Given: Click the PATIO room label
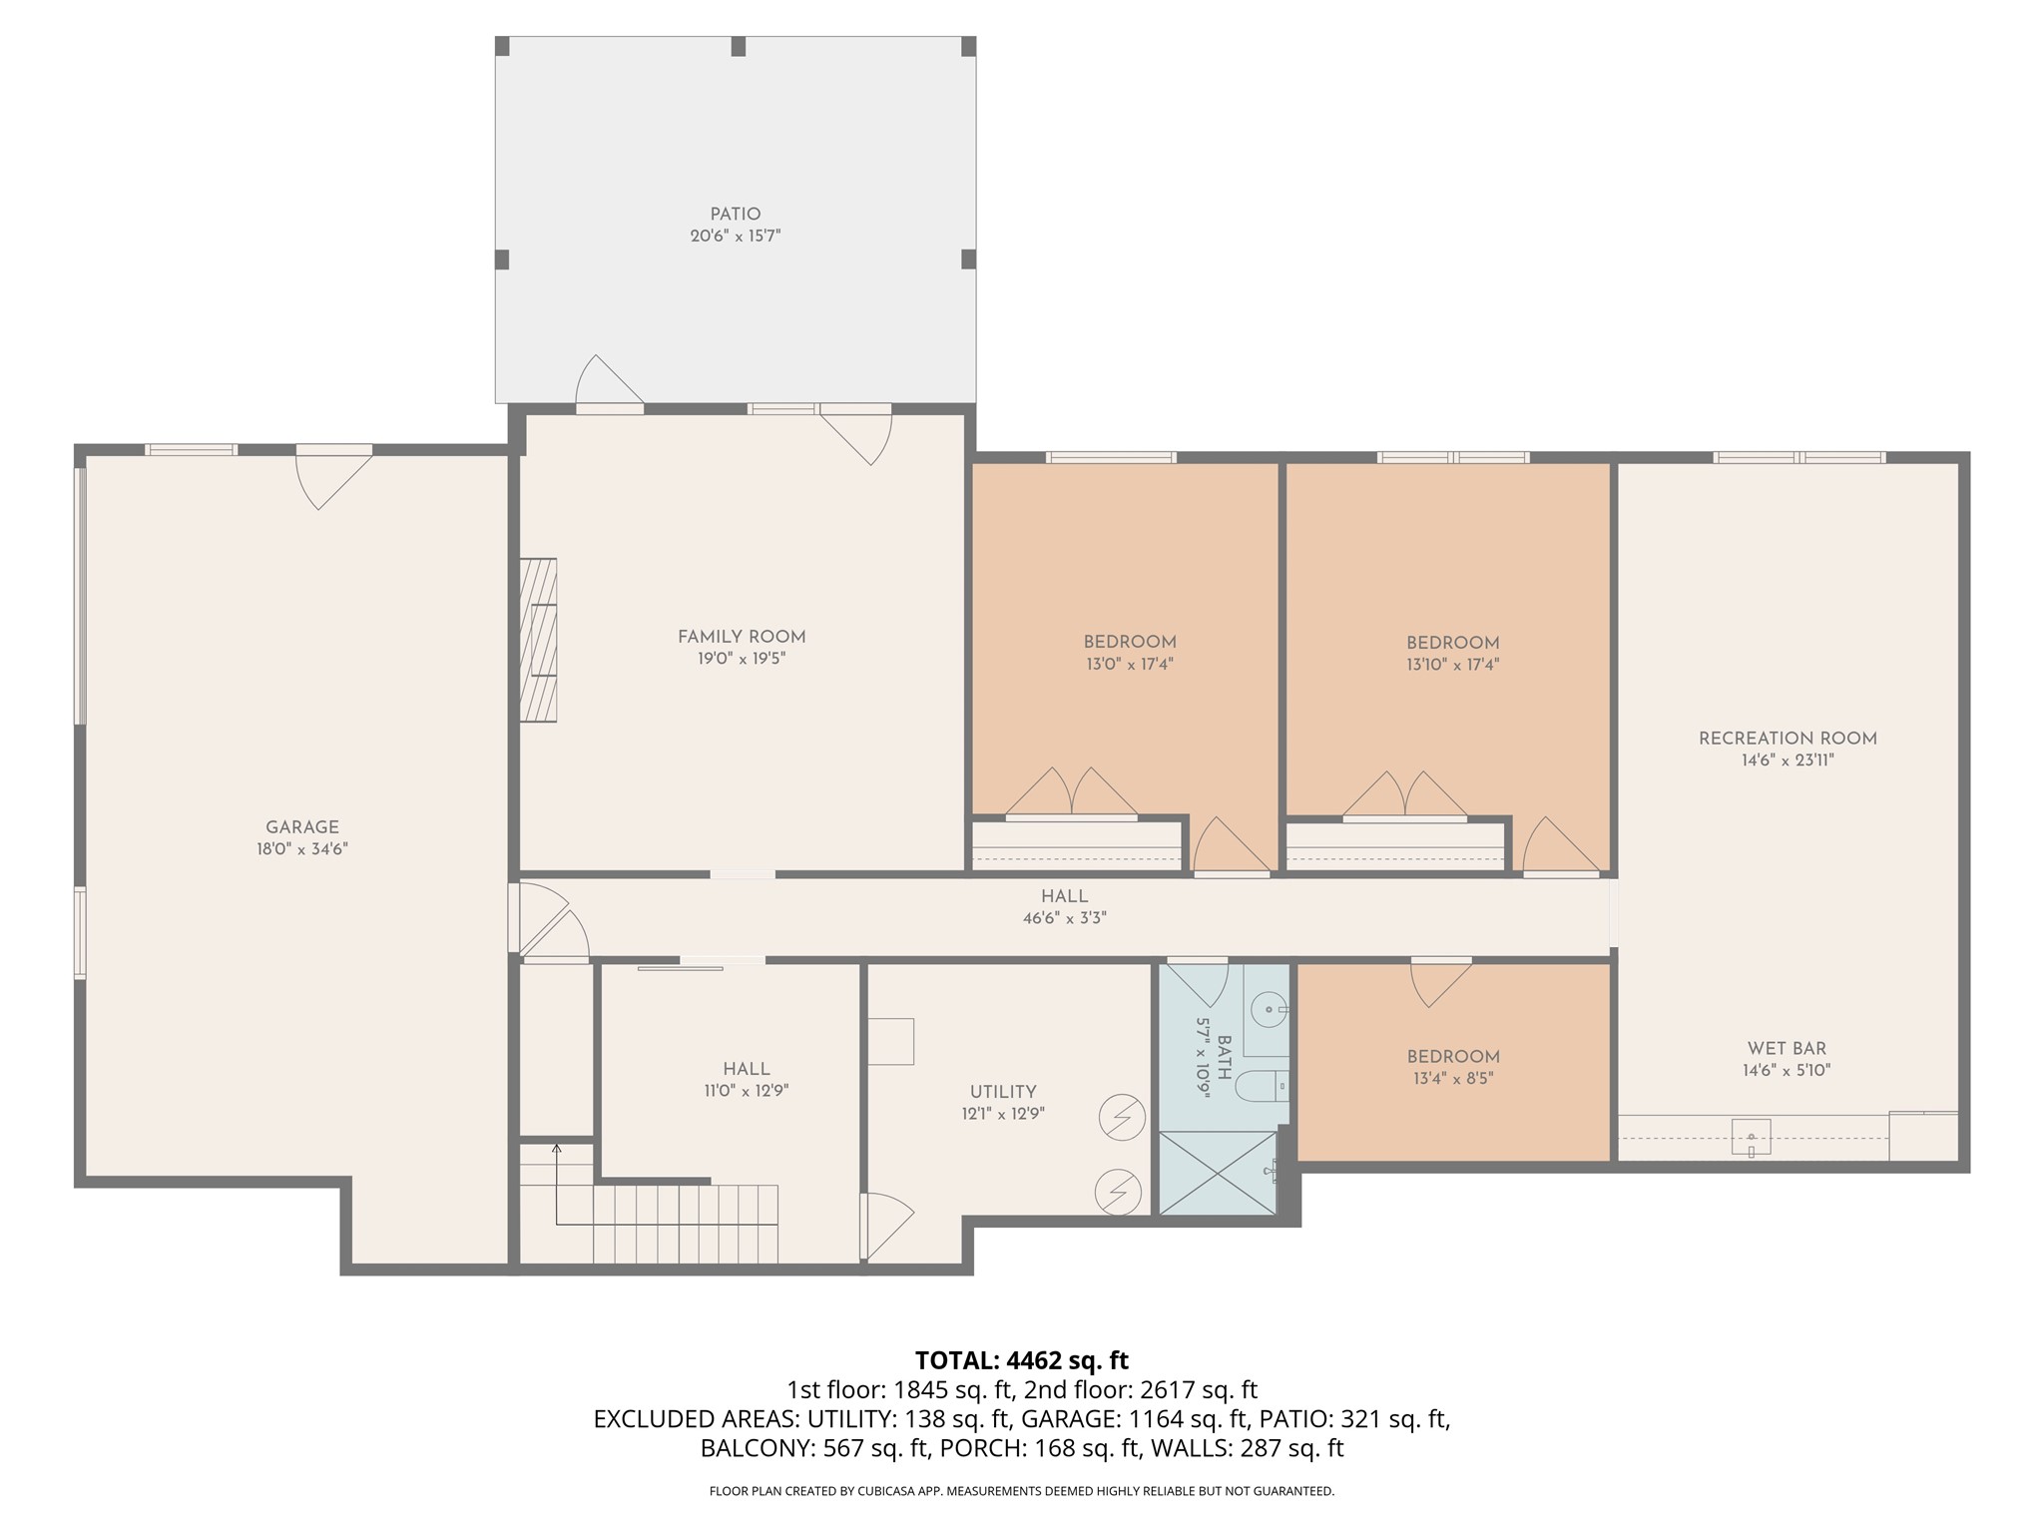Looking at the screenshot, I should point(736,215).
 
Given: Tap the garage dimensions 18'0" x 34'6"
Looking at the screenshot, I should point(301,849).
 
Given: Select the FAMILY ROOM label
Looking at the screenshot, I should point(742,637).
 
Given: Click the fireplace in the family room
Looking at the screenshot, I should point(538,640).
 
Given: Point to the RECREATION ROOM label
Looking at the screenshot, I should point(1788,739).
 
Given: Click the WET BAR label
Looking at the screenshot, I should point(1787,1049).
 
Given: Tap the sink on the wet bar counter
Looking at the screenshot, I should point(1751,1137).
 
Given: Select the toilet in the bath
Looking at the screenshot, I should point(1260,1084).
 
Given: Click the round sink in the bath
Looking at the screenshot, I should point(1268,1009).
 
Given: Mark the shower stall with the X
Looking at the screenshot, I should point(1218,1172).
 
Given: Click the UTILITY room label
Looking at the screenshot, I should point(1003,1092).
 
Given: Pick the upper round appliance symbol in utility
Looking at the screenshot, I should point(1121,1118).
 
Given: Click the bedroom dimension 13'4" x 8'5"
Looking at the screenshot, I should point(1452,1078).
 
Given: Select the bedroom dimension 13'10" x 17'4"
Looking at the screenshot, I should point(1452,665).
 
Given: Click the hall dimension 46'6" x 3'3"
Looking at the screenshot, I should point(1064,918).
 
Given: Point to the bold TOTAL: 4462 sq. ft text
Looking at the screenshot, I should point(1021,1360).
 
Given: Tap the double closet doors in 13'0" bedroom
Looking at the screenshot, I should point(1071,793).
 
